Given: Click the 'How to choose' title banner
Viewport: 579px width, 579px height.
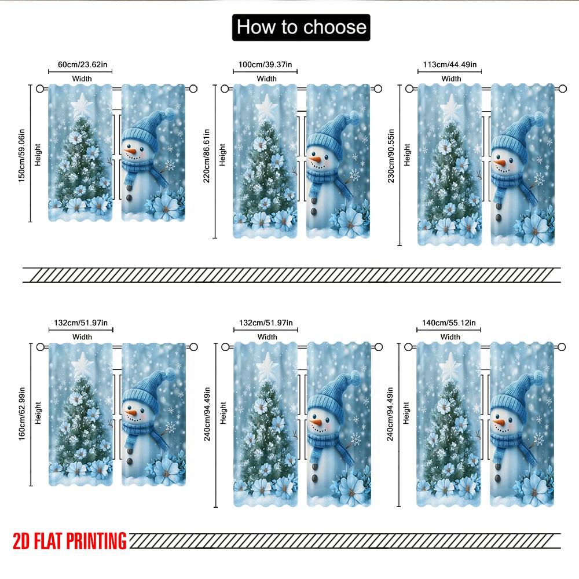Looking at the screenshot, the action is [301, 27].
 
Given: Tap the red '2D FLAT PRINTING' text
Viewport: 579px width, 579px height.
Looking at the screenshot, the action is [69, 541].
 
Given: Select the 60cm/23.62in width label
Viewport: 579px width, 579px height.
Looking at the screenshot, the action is [82, 65].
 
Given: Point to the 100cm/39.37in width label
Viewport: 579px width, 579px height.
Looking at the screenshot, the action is [265, 65].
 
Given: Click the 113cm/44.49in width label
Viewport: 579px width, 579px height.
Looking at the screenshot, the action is [450, 65].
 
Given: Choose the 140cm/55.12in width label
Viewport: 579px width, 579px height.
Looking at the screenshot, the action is [449, 323].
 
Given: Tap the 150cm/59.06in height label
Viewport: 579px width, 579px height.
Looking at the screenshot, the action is [22, 155].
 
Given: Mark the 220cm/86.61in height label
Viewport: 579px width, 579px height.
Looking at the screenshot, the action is [207, 155].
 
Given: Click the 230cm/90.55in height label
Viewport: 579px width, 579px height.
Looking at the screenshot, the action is [391, 155].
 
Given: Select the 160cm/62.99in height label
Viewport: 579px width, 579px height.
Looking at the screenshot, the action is [22, 413].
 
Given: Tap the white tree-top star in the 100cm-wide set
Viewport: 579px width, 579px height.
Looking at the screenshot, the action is [266, 107].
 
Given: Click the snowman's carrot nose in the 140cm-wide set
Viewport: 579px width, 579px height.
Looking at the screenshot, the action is [499, 422].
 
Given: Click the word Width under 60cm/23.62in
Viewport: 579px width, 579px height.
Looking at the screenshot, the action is [82, 79].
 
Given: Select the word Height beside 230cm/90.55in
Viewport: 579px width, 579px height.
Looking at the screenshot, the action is [407, 155].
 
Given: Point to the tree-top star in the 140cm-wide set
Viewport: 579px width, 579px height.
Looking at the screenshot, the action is [450, 367].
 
